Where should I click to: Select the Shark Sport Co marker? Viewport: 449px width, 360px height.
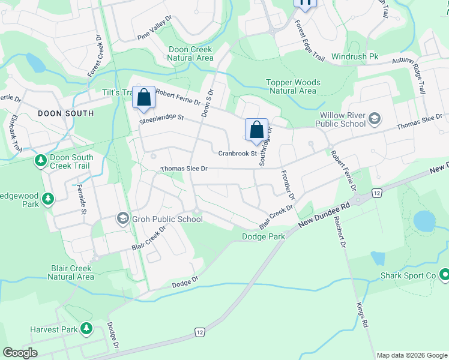(445, 275)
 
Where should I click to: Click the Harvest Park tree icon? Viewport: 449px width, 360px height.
(86, 329)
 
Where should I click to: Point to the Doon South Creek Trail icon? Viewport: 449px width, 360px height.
(40, 160)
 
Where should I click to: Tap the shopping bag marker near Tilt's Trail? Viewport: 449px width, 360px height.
(144, 98)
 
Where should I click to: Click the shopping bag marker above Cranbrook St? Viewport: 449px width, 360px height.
(256, 130)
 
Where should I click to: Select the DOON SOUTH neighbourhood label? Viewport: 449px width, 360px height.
(65, 113)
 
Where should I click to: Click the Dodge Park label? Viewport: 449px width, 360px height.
(263, 236)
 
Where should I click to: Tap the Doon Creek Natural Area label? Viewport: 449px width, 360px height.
(191, 53)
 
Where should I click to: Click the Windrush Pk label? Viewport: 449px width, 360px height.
(355, 56)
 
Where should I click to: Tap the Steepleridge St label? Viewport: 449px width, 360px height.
(161, 120)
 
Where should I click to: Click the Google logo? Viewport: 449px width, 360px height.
(20, 353)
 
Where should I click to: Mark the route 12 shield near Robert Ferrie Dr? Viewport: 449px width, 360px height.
(376, 192)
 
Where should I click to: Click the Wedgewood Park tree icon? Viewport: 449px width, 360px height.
(48, 198)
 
